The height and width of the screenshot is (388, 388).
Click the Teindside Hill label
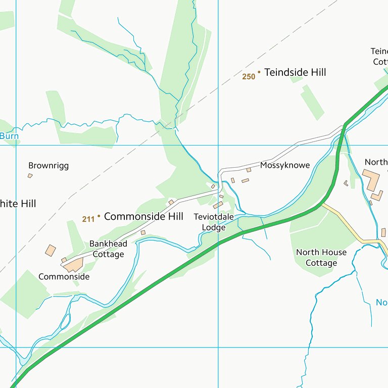coord(295,73)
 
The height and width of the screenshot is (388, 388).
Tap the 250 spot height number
coord(248,77)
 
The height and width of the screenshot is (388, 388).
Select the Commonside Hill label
coord(143,217)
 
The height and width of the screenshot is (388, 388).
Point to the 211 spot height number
coord(88,219)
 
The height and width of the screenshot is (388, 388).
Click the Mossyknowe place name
coord(285,165)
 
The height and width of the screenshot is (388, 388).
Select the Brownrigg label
coord(48,166)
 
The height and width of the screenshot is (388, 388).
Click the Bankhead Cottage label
coord(108,249)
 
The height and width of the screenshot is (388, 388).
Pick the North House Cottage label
coord(321,258)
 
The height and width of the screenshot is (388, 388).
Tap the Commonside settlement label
coord(64,277)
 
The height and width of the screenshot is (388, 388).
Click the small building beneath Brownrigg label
coord(30,176)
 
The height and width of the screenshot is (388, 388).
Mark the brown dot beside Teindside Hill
coord(259,72)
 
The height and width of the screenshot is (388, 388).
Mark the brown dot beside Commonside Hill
coord(99,216)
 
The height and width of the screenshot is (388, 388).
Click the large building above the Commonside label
coord(74,264)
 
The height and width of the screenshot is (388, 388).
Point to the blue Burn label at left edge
coord(9,136)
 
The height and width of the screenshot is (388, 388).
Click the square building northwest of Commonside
coord(51,250)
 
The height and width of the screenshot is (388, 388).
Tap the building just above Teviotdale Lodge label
coord(218,205)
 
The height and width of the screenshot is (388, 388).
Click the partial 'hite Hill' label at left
coord(18,204)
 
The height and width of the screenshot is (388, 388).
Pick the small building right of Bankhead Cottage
coord(143,232)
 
